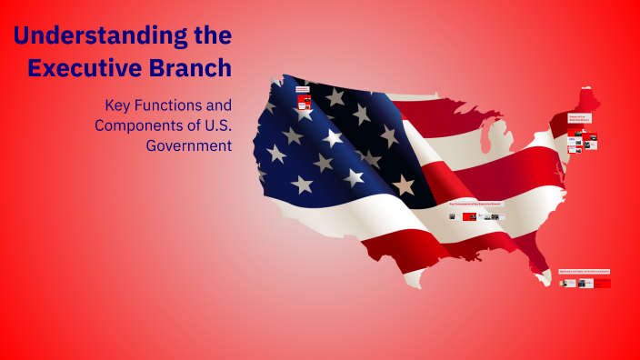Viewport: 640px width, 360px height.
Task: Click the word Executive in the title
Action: [83, 68]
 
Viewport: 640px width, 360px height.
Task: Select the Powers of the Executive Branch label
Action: [580, 118]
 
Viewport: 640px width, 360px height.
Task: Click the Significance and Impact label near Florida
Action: [585, 271]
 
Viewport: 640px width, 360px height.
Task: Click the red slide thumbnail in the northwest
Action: [302, 105]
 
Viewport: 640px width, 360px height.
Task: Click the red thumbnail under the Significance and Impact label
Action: [602, 283]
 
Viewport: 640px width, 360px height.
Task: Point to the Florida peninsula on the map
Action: [545, 264]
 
